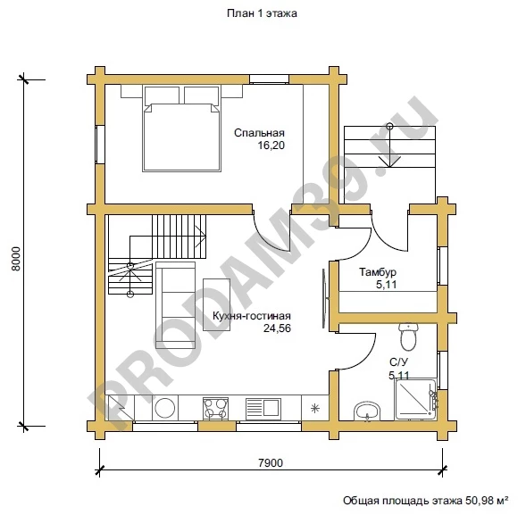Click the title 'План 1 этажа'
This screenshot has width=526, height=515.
click(x=262, y=13)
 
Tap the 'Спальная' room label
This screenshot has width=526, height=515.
click(x=259, y=133)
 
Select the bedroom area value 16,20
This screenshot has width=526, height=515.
click(x=271, y=145)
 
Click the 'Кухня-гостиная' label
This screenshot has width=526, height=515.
click(x=252, y=316)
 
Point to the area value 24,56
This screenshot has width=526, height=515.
click(x=277, y=328)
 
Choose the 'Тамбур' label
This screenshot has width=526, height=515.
click(x=378, y=272)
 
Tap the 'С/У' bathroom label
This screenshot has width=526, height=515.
click(x=399, y=362)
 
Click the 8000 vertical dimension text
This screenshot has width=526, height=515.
click(x=16, y=259)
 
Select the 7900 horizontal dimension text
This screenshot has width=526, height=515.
click(x=271, y=463)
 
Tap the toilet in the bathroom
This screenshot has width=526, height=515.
click(x=408, y=336)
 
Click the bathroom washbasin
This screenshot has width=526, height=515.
click(x=367, y=411)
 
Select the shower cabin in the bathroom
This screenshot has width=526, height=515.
click(x=416, y=399)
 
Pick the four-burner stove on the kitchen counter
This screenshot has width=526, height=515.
click(x=215, y=408)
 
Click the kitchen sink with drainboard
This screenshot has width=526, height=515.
click(x=263, y=408)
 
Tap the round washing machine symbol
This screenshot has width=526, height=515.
click(x=164, y=408)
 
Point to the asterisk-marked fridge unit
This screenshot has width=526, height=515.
click(x=314, y=408)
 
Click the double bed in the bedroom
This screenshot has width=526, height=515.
click(x=182, y=129)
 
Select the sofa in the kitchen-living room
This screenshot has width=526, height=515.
click(x=175, y=305)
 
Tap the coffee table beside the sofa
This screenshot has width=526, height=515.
click(x=216, y=304)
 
